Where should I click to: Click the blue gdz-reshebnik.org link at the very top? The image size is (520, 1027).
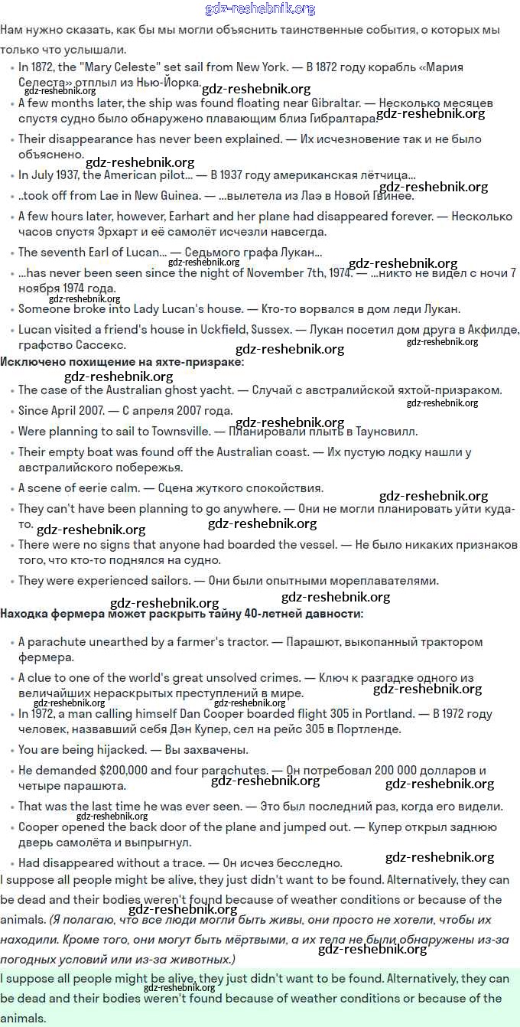[260, 9]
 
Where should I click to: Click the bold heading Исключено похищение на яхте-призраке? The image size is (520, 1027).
[122, 361]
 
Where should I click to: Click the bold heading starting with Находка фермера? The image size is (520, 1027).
[182, 614]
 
